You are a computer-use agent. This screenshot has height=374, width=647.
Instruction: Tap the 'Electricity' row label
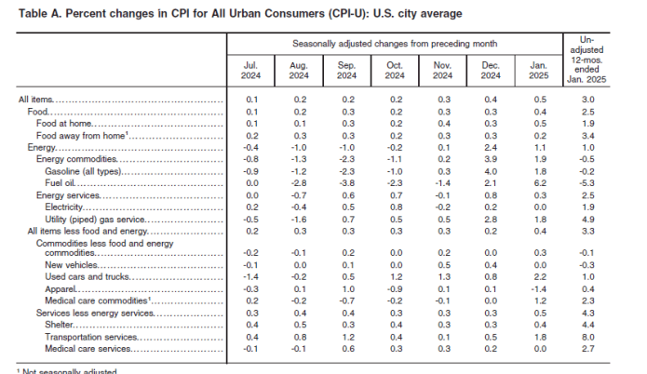point(62,206)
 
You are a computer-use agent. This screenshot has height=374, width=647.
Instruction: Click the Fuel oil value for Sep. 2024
point(346,184)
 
